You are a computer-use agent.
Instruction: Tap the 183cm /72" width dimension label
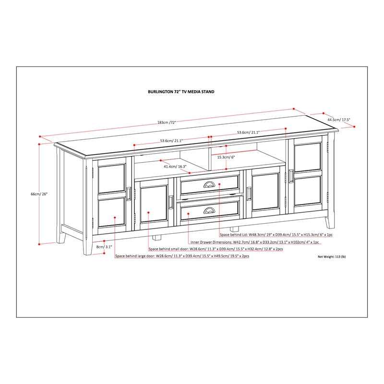click(x=166, y=122)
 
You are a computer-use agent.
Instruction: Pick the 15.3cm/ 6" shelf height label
click(x=226, y=156)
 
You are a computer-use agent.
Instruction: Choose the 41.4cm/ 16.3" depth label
click(x=175, y=166)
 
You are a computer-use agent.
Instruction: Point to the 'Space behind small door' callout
click(x=216, y=249)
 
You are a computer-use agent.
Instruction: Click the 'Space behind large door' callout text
click(x=182, y=256)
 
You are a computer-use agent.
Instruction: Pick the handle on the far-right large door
click(x=290, y=176)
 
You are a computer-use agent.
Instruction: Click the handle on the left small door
click(x=170, y=202)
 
